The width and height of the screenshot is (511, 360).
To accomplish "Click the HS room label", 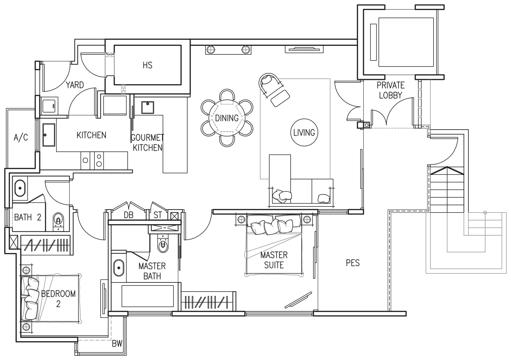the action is [x=147, y=65].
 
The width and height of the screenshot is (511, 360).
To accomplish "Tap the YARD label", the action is [x=75, y=85].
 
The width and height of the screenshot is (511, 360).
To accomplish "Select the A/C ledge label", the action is [x=21, y=137].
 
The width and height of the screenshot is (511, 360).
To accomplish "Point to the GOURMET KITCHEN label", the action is [x=147, y=143].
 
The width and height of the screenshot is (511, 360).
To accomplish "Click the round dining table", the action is [x=227, y=118].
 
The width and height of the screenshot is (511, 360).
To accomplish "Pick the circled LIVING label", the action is [x=304, y=133].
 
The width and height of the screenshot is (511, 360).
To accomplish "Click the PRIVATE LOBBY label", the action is [x=391, y=90].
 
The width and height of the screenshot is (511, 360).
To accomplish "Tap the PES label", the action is [x=353, y=263].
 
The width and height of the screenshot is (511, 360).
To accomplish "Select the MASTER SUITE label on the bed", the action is [x=274, y=260].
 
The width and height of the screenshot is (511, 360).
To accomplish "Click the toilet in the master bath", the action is [x=163, y=244].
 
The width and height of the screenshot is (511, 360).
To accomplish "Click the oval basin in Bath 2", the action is [x=20, y=188].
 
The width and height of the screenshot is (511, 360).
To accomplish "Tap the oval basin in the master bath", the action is [x=119, y=268].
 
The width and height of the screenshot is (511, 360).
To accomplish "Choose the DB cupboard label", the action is [x=129, y=215].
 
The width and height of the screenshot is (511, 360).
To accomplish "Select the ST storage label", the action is [x=158, y=215].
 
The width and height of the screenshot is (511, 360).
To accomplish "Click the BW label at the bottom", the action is [x=117, y=344].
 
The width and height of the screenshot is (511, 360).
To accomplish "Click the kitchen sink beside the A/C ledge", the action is [x=49, y=135].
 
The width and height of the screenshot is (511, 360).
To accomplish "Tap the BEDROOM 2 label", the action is [x=58, y=299].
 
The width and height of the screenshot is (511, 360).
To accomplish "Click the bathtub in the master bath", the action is [x=148, y=296].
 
